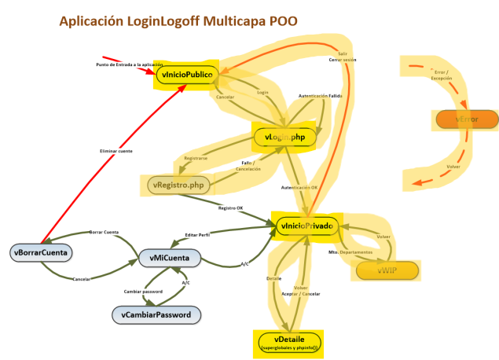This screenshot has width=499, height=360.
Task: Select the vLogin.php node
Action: coord(284,138)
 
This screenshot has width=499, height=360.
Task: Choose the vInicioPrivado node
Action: coord(306,226)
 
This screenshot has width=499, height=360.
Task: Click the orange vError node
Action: coord(467,119)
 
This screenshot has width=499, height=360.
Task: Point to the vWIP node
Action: coord(387,270)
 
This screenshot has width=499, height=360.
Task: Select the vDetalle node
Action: coord(289,342)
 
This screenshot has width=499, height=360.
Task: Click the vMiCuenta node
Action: coord(169,258)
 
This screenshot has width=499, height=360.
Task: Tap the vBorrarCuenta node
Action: coord(41,252)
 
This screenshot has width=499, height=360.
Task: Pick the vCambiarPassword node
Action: coord(156,314)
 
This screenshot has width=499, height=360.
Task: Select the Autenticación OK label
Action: coord(299,188)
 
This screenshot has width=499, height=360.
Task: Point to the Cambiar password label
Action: coord(145,292)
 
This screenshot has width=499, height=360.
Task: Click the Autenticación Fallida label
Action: coord(320,96)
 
